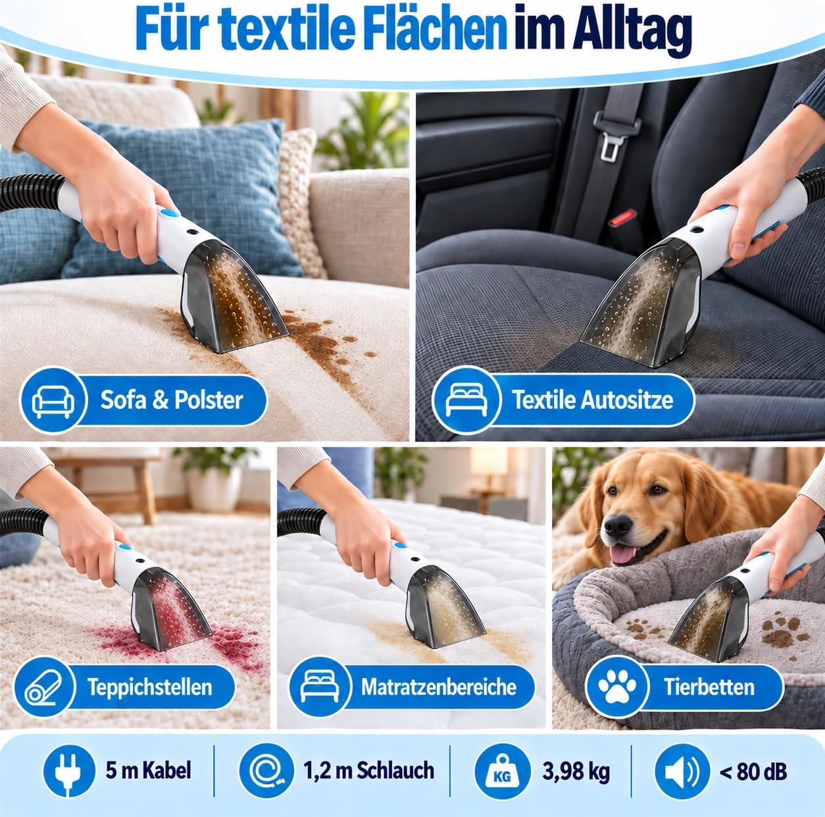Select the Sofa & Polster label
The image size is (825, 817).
point(172,400)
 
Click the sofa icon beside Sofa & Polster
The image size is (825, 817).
point(53,400)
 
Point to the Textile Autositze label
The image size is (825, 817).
point(593,400)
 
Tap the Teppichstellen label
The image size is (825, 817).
point(150,687)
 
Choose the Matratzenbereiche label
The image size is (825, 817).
point(438,687)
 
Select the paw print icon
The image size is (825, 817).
point(616,687)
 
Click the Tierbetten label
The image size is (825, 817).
point(709,687)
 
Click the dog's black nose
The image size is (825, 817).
point(617,525)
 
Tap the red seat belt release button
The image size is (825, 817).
point(623,219)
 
